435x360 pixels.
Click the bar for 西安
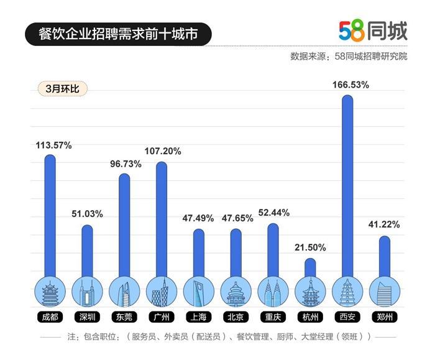pyautogui.click(x=347, y=187)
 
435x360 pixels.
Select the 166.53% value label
pyautogui.click(x=347, y=84)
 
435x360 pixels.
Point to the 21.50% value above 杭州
pyautogui.click(x=310, y=247)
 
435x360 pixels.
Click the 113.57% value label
pyautogui.click(x=53, y=145)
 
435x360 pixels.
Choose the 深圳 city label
pyautogui.click(x=86, y=317)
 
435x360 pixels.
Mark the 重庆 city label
pyautogui.click(x=273, y=317)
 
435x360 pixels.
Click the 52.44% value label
pyautogui.click(x=273, y=212)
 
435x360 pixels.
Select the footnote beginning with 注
pyautogui.click(x=217, y=336)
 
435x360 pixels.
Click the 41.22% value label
pyautogui.click(x=385, y=224)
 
